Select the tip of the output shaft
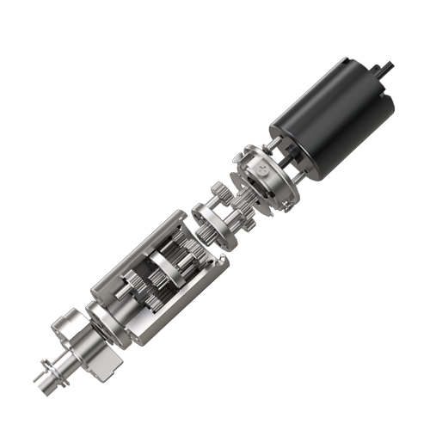pos(38,378)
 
